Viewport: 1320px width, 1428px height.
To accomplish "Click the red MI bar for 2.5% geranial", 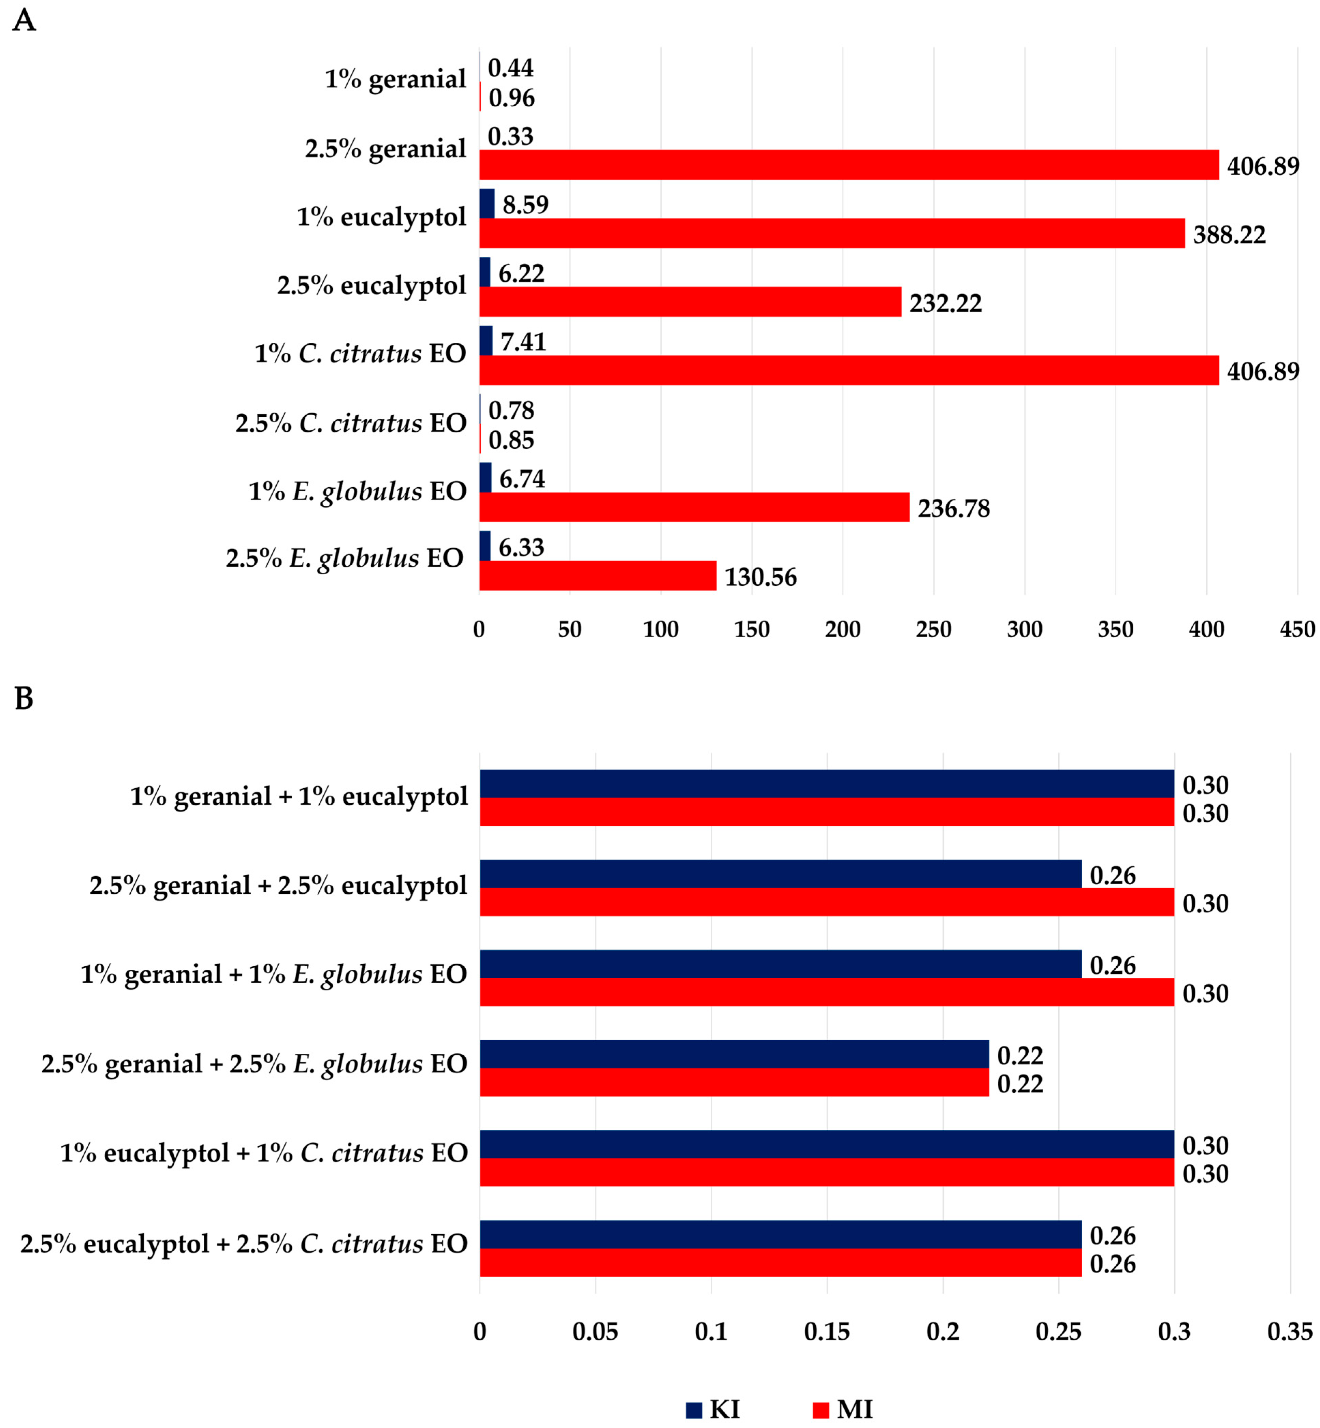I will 848,165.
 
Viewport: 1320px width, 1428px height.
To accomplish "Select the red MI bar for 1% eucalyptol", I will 832,234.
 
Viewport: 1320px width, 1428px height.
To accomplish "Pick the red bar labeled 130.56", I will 598,576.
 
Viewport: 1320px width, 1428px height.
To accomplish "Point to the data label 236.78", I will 954,508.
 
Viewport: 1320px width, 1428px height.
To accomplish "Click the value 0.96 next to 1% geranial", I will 511,98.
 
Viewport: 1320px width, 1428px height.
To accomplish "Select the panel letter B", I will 24,698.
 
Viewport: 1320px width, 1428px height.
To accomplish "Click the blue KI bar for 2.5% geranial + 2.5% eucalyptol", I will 781,874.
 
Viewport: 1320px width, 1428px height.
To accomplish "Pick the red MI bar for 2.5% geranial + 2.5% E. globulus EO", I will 734,1083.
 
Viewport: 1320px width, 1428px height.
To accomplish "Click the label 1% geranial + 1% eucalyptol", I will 299,796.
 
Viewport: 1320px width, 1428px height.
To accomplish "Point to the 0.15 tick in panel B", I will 827,1332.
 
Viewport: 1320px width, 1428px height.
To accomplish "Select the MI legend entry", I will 843,1410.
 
